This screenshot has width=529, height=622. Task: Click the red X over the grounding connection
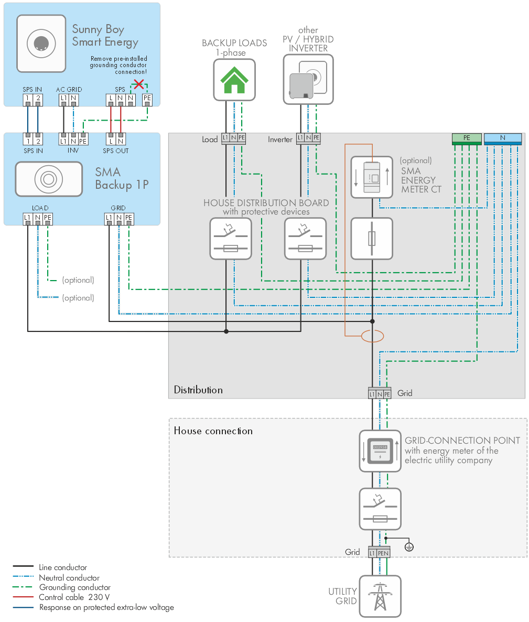click(x=139, y=84)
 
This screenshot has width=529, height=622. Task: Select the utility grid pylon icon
click(x=380, y=596)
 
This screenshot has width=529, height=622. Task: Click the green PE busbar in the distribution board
click(x=467, y=138)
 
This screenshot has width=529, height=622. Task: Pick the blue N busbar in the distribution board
click(x=502, y=138)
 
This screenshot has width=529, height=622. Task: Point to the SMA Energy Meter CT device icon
click(x=372, y=177)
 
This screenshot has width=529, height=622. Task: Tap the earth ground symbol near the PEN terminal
click(x=409, y=547)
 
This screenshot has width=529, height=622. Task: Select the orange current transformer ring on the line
click(x=372, y=336)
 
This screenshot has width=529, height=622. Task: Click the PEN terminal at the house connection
click(x=383, y=553)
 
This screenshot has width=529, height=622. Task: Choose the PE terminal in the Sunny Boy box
click(x=147, y=98)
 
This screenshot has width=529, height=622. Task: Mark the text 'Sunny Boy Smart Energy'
click(x=105, y=36)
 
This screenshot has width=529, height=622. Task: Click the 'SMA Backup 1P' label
click(x=122, y=178)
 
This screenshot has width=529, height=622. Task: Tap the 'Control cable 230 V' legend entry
click(x=74, y=597)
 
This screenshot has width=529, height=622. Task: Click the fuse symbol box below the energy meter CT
click(x=372, y=239)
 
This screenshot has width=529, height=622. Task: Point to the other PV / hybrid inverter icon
click(x=308, y=80)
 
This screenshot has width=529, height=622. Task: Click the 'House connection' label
click(x=213, y=431)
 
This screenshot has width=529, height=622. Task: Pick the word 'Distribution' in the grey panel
click(x=198, y=390)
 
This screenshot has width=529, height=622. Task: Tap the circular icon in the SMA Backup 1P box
click(x=49, y=179)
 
